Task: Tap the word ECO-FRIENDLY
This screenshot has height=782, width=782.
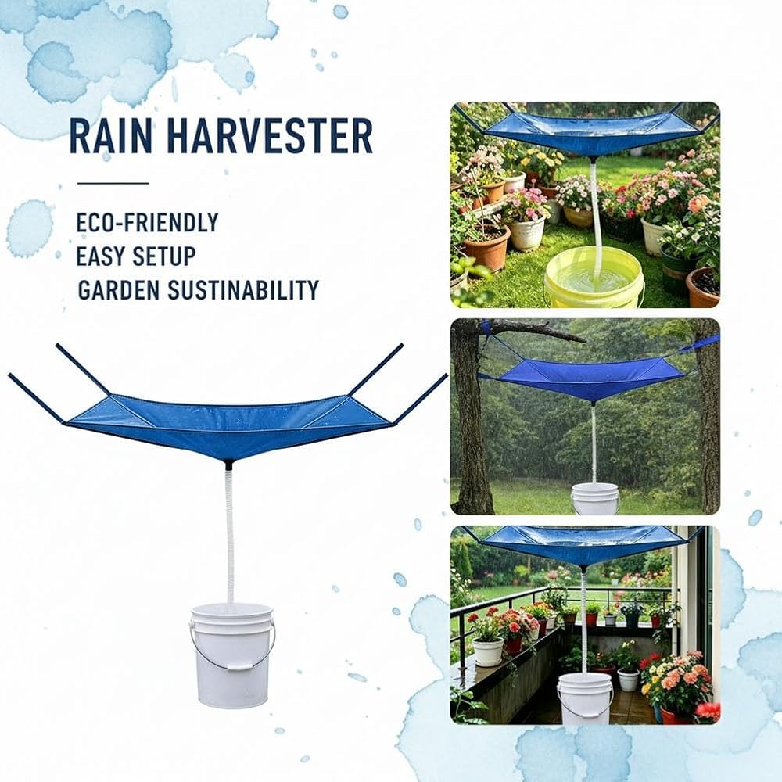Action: [x=148, y=223]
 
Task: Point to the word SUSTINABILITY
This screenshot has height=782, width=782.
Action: [x=243, y=290]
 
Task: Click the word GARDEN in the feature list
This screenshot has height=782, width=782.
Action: [x=119, y=290]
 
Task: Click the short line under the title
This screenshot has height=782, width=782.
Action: [x=113, y=183]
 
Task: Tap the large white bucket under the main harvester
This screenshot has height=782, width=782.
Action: [x=231, y=655]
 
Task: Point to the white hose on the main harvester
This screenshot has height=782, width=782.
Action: [x=230, y=536]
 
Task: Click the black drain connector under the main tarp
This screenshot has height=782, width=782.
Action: [x=229, y=465]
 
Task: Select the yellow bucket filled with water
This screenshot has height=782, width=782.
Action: [x=594, y=278]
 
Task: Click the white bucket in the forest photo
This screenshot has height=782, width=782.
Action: [x=594, y=498]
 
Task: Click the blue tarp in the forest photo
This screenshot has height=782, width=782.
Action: [x=589, y=377]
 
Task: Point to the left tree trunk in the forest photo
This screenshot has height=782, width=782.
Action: [x=472, y=419]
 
